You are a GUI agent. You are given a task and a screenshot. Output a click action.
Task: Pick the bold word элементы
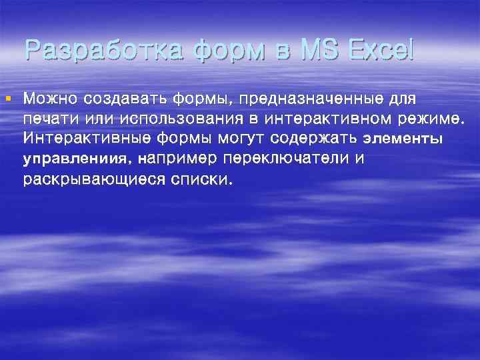point(403,140)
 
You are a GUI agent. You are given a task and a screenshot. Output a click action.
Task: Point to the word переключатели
point(297,160)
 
